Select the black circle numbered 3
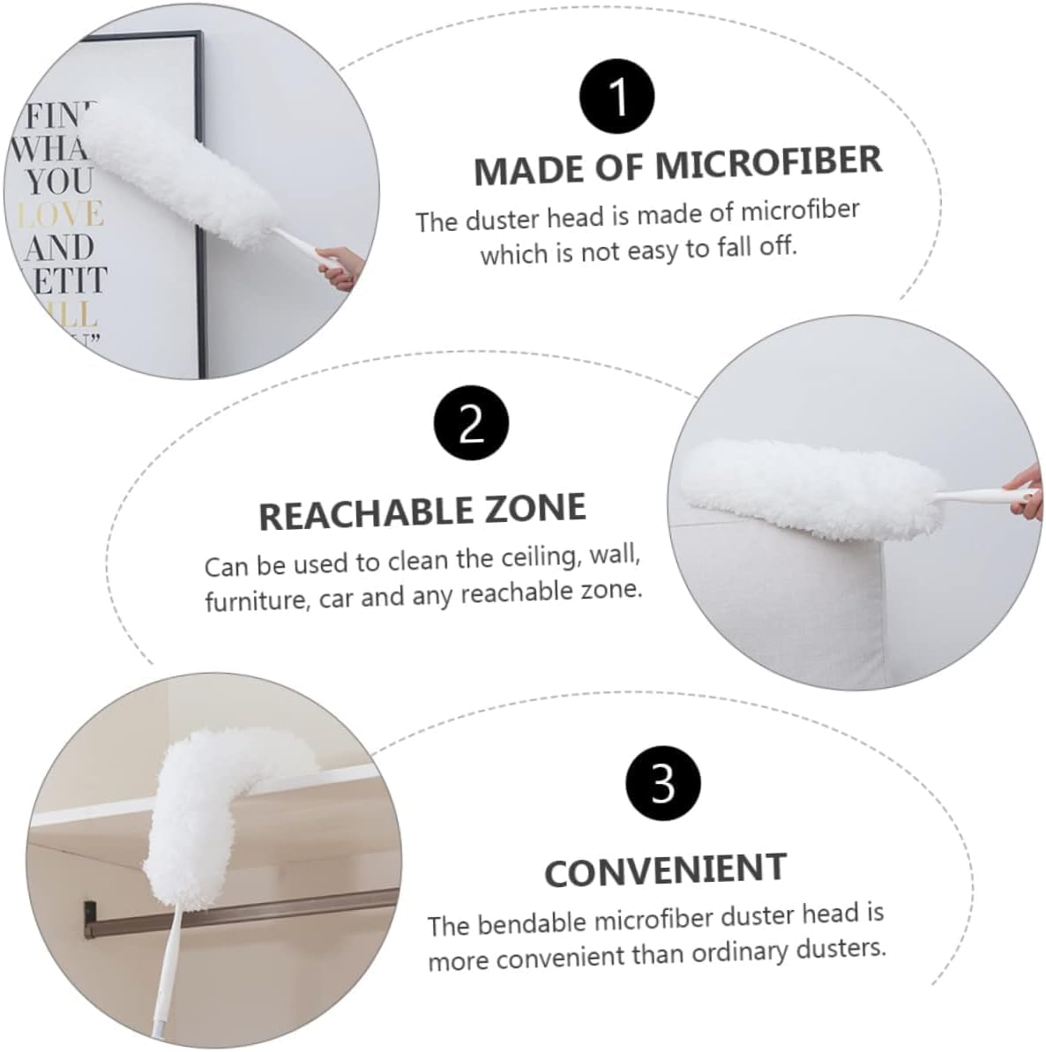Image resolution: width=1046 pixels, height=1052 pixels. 662,781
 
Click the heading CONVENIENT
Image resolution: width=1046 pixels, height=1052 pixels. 665,869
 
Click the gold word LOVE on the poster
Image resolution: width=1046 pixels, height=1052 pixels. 62,214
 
